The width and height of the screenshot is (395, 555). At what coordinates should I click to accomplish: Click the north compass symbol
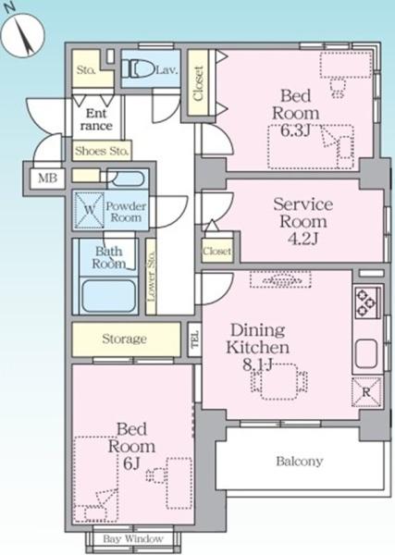click(x=22, y=35)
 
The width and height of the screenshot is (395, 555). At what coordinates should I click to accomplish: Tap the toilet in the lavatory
click(x=138, y=69)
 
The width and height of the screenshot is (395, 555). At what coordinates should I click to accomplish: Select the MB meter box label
click(x=47, y=178)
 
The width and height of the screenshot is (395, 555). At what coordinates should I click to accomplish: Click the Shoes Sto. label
click(x=101, y=151)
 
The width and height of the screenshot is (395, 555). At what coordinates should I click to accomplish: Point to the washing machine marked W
click(x=90, y=210)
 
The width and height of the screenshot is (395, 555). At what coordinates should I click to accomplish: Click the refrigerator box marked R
click(x=366, y=392)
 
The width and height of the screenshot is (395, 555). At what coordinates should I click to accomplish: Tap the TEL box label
click(x=194, y=339)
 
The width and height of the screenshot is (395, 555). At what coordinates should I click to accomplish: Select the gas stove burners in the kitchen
click(x=366, y=302)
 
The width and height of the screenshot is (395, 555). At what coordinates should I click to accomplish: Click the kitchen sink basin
click(x=366, y=353)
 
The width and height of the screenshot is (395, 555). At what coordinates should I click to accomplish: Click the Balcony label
click(x=300, y=462)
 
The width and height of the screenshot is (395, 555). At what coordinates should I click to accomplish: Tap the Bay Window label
click(x=133, y=539)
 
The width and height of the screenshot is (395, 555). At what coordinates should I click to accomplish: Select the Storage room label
click(x=124, y=339)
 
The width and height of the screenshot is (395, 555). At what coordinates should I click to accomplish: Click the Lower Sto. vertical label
click(x=151, y=277)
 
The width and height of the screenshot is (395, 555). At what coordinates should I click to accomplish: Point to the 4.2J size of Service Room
click(x=303, y=239)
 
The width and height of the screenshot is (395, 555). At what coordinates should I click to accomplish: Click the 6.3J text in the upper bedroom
click(x=295, y=130)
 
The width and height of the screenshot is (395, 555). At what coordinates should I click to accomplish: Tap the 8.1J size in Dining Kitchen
click(x=257, y=364)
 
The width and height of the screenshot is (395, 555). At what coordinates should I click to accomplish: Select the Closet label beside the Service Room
click(x=217, y=251)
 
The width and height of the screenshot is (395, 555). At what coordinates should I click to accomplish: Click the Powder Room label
click(x=126, y=212)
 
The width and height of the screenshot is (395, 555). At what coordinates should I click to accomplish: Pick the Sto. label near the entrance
click(x=86, y=69)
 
